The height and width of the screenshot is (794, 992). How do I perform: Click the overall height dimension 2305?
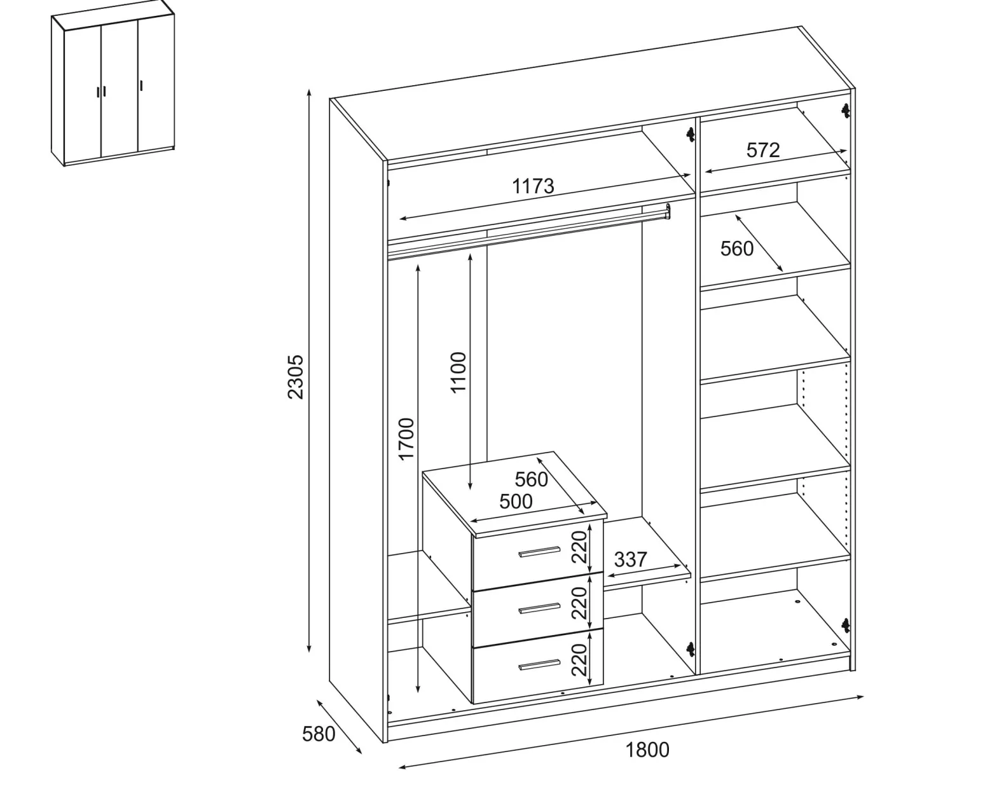tap(295, 376)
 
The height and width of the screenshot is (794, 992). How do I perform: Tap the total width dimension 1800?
tap(647, 750)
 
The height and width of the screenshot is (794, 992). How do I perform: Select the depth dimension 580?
tap(319, 734)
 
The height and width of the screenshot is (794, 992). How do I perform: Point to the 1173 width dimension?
tap(533, 186)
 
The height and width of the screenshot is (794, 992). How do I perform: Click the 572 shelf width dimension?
tap(763, 150)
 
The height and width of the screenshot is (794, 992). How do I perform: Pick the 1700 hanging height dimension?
tap(406, 439)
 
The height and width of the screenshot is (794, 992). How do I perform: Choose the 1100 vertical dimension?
tap(458, 373)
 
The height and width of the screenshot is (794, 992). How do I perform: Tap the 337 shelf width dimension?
tap(631, 559)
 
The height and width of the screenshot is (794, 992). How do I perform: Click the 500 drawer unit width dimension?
tap(516, 502)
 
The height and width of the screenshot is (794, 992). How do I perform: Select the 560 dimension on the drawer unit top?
tap(531, 479)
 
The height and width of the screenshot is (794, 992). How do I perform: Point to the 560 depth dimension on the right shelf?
tap(736, 249)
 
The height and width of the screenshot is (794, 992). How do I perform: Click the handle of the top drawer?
tap(539, 552)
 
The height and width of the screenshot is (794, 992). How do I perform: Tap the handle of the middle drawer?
tap(539, 608)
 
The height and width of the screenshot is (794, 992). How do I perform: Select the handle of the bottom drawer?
tap(539, 664)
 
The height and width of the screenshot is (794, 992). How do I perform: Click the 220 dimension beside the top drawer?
tap(579, 547)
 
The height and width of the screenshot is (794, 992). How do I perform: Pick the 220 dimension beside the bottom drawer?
tap(579, 660)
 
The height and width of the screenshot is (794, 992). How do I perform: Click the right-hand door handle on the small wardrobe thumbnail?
tap(141, 86)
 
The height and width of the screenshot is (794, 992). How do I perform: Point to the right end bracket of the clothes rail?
tap(668, 211)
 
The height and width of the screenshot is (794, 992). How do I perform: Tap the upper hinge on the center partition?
tap(690, 134)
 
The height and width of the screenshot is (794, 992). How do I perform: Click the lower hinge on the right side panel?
tap(845, 626)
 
